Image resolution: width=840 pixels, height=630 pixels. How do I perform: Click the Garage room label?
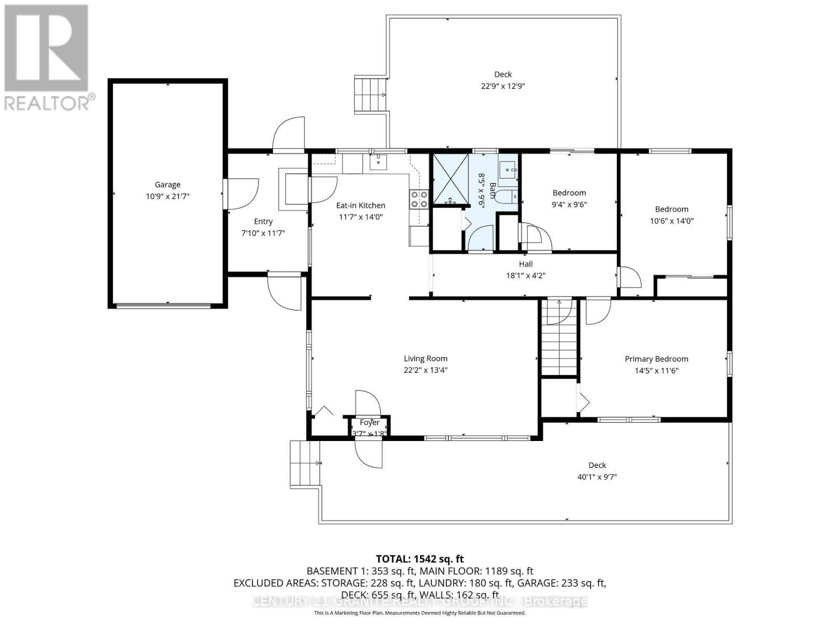167,185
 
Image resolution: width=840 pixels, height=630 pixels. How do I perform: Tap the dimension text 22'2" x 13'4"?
425,370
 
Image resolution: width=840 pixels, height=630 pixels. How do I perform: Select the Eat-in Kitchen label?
361,205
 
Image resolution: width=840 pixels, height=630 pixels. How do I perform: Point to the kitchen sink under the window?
378,163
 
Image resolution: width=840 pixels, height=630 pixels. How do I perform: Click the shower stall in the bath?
449,178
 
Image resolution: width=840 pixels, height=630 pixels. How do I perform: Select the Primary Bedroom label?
656,359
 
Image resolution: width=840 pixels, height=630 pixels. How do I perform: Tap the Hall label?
526,264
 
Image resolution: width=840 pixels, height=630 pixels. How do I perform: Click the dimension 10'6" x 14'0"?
671,221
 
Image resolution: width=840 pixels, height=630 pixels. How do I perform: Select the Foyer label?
370,423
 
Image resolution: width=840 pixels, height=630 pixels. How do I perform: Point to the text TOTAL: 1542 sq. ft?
419,559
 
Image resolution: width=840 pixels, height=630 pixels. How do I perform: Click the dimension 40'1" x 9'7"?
597,477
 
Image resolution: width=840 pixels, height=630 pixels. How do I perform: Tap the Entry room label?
263,222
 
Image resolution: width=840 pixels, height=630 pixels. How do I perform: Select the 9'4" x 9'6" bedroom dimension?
569,204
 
